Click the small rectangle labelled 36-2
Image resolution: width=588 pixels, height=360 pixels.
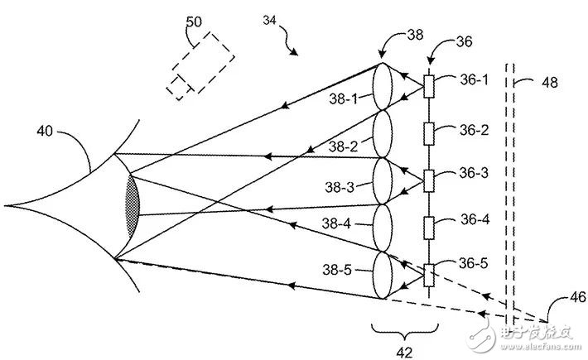pyautogui.click(x=429, y=132)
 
